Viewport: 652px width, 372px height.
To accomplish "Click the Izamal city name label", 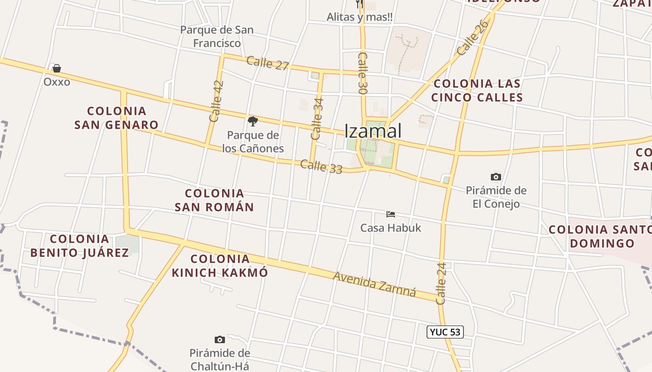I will [373, 131].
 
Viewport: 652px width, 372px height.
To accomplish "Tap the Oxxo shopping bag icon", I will [57, 69].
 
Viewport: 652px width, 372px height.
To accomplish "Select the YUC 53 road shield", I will [445, 332].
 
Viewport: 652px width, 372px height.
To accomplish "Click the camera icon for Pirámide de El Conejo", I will [496, 177].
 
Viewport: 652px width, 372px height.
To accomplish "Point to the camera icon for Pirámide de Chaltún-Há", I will [219, 339].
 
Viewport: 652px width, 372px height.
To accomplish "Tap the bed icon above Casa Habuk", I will [391, 214].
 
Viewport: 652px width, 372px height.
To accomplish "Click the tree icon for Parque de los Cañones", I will [253, 122].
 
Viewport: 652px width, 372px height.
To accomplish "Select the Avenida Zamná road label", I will [374, 283].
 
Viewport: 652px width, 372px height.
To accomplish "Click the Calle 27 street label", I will [268, 63].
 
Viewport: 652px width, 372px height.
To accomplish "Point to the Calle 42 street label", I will [217, 101].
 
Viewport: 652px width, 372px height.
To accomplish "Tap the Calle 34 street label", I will [317, 119].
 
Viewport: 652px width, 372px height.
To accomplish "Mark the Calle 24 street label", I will [441, 284].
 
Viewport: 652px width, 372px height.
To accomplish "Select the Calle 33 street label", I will [321, 166].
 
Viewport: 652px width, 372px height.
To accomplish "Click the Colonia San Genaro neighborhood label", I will [116, 118].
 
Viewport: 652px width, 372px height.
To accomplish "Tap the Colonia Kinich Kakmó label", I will [220, 266].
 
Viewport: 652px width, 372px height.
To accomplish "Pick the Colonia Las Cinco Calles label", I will [477, 90].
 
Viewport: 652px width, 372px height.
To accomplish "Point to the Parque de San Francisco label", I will [217, 36].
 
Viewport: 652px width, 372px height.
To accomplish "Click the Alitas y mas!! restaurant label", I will [359, 17].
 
